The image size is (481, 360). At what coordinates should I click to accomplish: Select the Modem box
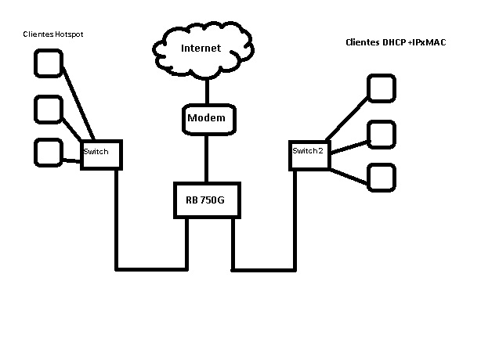click(x=206, y=118)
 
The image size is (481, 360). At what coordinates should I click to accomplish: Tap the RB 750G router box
click(x=205, y=200)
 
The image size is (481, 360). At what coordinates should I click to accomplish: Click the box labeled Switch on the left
click(x=102, y=154)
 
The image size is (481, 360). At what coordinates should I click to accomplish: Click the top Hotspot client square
click(x=48, y=63)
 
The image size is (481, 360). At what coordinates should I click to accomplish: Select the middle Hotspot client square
click(x=48, y=110)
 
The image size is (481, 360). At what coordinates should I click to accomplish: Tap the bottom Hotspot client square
click(x=49, y=152)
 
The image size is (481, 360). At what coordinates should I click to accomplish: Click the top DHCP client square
click(x=382, y=88)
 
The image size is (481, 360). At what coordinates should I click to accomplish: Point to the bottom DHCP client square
click(x=381, y=177)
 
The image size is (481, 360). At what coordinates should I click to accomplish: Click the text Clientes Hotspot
click(x=53, y=34)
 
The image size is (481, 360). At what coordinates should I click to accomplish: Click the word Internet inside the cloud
click(x=201, y=49)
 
